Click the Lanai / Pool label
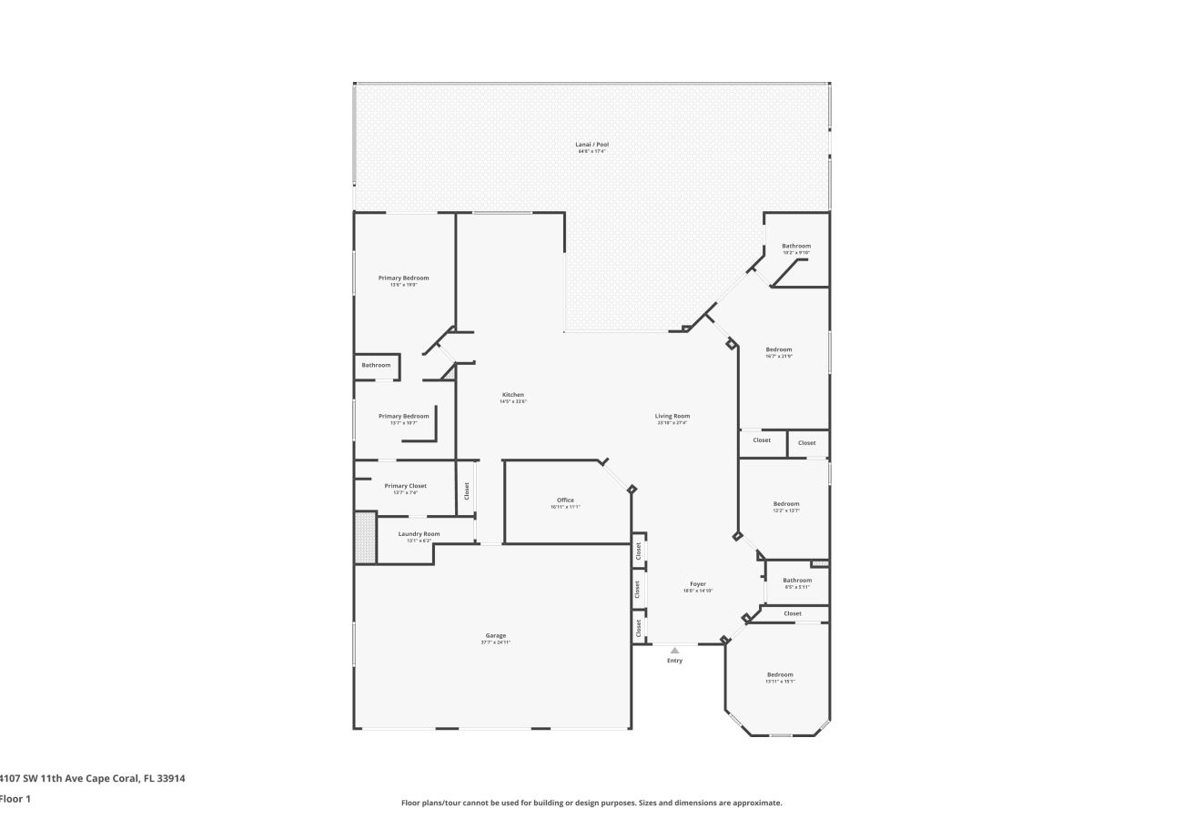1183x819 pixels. (x=591, y=145)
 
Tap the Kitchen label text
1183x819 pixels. (x=512, y=395)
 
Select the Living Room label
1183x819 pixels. (x=672, y=416)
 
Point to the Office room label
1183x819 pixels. (x=565, y=500)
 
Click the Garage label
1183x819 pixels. (x=495, y=636)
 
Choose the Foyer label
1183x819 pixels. (x=697, y=584)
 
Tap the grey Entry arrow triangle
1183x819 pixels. (x=674, y=650)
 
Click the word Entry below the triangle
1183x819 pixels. (x=674, y=661)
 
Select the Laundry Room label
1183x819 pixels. (x=419, y=534)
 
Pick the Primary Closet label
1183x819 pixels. (x=405, y=486)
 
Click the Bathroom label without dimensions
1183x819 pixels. (x=376, y=365)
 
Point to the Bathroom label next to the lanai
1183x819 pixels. (x=795, y=246)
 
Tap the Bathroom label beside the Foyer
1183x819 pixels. (x=797, y=581)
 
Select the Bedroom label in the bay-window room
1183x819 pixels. (x=780, y=675)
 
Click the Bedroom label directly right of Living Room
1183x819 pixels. (x=778, y=349)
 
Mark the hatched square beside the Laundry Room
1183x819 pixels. (x=365, y=537)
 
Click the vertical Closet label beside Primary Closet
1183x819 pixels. (x=467, y=490)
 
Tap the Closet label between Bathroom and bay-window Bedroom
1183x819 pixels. (x=793, y=613)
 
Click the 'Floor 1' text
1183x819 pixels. (x=15, y=799)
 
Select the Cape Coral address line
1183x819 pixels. (x=92, y=778)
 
